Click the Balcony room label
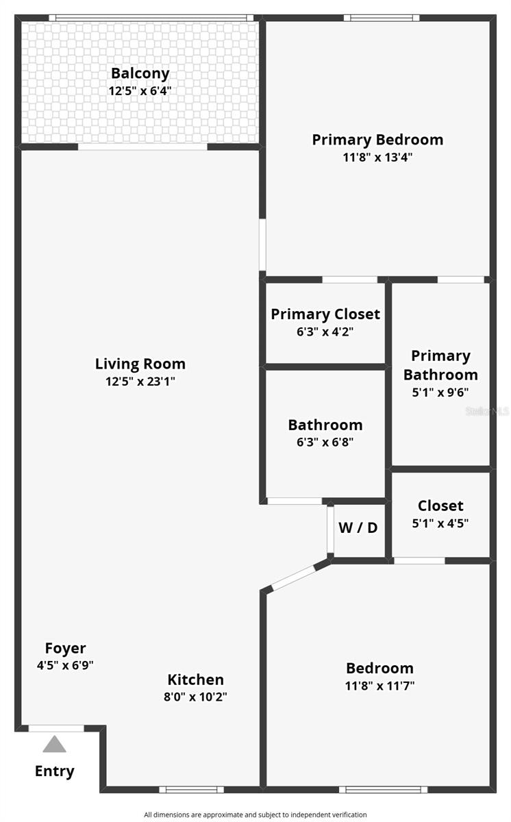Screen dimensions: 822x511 click(140, 73)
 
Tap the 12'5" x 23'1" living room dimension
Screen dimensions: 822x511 click(140, 382)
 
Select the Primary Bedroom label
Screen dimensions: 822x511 click(377, 140)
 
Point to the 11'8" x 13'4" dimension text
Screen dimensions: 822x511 click(377, 157)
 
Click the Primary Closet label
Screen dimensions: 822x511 click(325, 314)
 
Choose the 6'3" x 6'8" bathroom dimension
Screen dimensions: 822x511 click(325, 443)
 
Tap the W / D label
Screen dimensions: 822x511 click(358, 528)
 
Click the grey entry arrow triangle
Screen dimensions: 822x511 click(55, 744)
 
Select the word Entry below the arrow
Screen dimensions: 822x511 click(55, 771)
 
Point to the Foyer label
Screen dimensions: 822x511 click(66, 648)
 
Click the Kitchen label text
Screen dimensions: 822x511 click(196, 680)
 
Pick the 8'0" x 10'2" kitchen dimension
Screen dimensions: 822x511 click(196, 697)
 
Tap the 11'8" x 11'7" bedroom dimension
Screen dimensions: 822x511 click(379, 685)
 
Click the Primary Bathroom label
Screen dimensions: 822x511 click(440, 365)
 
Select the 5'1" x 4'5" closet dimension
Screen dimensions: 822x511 click(440, 523)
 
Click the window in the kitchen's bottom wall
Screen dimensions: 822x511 click(191, 789)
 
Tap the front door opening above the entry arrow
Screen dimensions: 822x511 click(56, 728)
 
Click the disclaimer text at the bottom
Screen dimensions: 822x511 click(255, 814)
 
